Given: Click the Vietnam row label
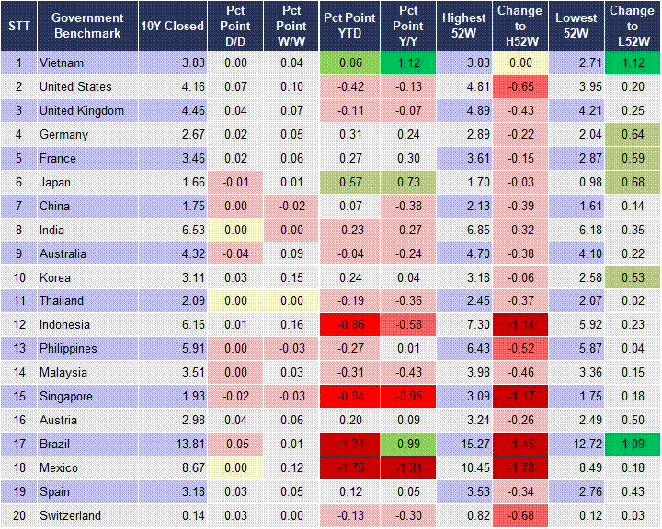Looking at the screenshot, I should pyautogui.click(x=62, y=62).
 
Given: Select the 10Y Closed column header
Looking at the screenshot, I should pyautogui.click(x=172, y=26).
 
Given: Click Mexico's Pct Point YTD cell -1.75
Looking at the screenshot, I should pyautogui.click(x=348, y=467).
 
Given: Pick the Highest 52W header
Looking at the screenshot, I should pyautogui.click(x=463, y=26).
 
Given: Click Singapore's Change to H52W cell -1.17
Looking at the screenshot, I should pyautogui.click(x=520, y=396).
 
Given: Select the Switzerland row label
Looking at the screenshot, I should pyautogui.click(x=70, y=515).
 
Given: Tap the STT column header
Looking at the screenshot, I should pyautogui.click(x=18, y=26).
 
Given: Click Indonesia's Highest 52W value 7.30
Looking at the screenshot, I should pyautogui.click(x=463, y=324).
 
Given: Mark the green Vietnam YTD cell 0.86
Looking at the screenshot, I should pyautogui.click(x=348, y=62).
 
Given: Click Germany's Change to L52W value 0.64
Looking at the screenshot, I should pyautogui.click(x=633, y=134).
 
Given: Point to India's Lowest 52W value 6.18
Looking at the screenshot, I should pyautogui.click(x=577, y=230).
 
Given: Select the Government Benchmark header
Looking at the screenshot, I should pyautogui.click(x=87, y=26).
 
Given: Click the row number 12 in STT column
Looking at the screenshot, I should pyautogui.click(x=18, y=324).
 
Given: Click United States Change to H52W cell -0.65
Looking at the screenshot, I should pyautogui.click(x=520, y=86).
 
